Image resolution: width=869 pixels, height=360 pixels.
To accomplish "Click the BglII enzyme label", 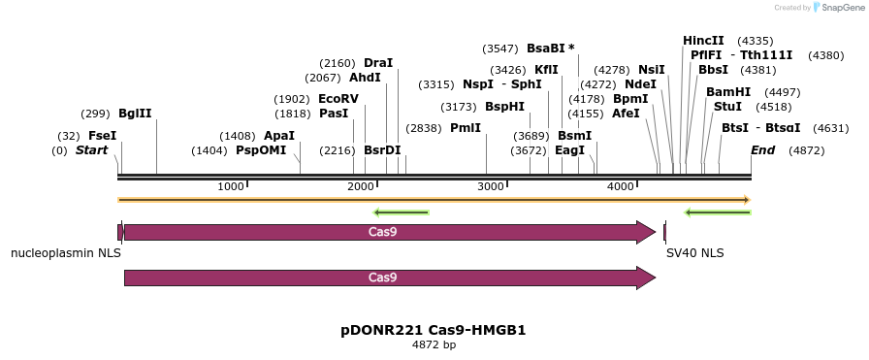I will (135, 114).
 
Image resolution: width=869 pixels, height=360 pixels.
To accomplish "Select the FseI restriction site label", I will (102, 136).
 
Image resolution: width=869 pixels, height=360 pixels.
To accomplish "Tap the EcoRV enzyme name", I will (338, 99).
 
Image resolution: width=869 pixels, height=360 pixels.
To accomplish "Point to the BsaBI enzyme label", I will (546, 49).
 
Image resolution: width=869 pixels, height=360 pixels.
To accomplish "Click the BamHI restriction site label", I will (727, 92).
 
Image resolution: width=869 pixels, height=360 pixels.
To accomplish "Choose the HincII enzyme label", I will (703, 41).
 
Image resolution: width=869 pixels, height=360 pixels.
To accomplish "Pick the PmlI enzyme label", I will (465, 128).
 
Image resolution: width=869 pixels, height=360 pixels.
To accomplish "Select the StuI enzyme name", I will (727, 107).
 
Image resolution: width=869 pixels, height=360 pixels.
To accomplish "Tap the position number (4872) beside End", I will (806, 150).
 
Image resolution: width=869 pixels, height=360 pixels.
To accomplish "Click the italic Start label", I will (91, 150).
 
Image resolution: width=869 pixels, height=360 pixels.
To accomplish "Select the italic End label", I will (762, 150).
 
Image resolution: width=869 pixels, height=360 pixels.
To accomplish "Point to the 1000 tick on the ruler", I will (231, 186).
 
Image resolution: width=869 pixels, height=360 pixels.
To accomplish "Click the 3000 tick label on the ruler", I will (491, 186).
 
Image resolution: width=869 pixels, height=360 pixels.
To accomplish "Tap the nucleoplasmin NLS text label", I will (66, 253).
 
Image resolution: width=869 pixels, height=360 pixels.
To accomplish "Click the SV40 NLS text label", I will (694, 253).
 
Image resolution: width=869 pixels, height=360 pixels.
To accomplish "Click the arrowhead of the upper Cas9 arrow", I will (646, 232).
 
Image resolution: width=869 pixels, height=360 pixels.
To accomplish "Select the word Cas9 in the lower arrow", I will (382, 278).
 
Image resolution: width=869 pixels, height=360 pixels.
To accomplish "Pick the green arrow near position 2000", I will (401, 213).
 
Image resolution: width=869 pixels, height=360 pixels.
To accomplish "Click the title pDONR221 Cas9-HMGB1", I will (434, 330).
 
